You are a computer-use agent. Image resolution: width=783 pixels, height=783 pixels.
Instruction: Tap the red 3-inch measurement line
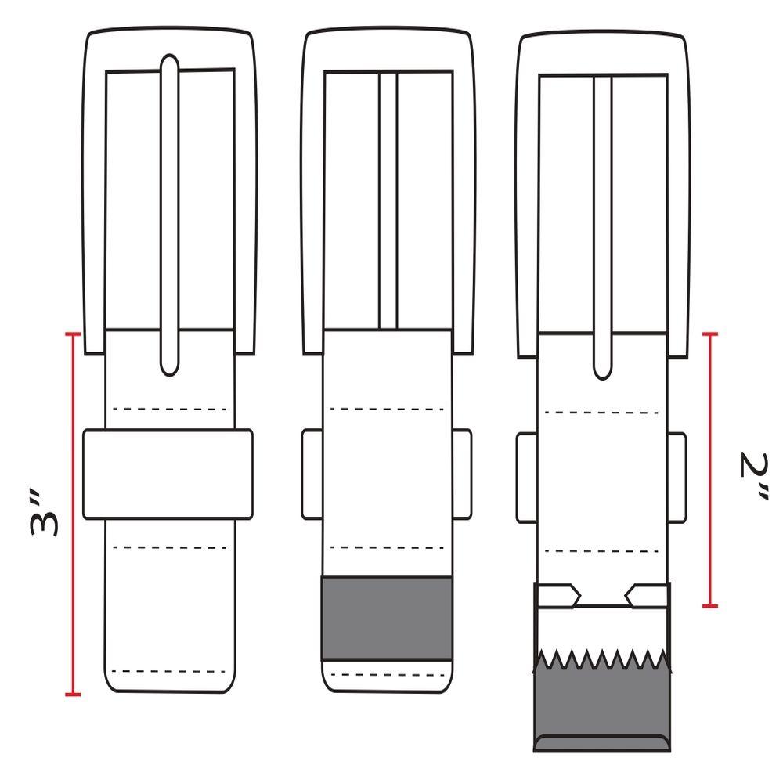[73, 514]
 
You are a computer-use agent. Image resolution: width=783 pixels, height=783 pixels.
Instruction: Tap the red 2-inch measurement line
[710, 470]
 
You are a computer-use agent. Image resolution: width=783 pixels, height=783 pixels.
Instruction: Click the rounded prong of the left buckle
[169, 215]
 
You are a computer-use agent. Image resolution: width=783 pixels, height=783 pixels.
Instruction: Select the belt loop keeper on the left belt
[168, 474]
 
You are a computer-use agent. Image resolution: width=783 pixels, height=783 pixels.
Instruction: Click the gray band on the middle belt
[387, 619]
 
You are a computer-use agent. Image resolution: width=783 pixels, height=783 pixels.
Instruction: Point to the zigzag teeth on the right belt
[602, 659]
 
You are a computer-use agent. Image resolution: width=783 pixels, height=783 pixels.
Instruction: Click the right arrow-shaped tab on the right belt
[648, 596]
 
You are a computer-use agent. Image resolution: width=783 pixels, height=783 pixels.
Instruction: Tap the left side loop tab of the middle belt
[312, 474]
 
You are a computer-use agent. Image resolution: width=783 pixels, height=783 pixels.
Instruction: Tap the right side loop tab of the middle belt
[462, 474]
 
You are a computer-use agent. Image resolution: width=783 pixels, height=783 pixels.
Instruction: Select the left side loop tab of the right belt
[526, 478]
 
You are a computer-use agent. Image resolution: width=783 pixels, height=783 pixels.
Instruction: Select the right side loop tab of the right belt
[677, 478]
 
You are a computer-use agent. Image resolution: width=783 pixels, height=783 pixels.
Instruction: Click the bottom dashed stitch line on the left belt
[169, 672]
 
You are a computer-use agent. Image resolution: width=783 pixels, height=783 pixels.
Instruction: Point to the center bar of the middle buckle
[388, 200]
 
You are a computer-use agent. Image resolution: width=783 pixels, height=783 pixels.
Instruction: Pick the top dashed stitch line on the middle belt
[387, 409]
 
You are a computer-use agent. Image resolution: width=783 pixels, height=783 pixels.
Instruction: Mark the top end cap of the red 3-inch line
[73, 334]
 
